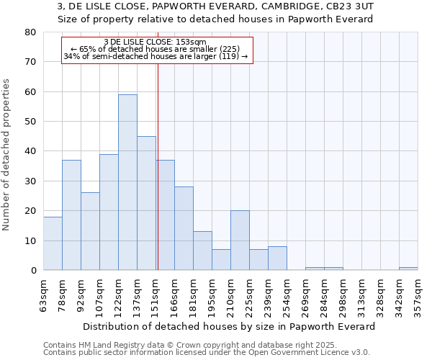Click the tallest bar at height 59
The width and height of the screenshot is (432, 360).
pyautogui.click(x=127, y=182)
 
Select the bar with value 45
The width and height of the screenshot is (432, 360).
pyautogui.click(x=146, y=203)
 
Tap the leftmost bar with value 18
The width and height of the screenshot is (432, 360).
pyautogui.click(x=53, y=243)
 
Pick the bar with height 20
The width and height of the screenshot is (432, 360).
pyautogui.click(x=240, y=240)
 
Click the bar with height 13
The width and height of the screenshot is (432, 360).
pyautogui.click(x=202, y=251)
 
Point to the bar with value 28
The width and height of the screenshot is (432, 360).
pyautogui.click(x=184, y=228)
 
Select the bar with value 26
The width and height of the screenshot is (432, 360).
pyautogui.click(x=90, y=231)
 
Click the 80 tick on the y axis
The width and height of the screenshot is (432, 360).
pyautogui.click(x=30, y=32)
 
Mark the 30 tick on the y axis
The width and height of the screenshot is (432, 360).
pyautogui.click(x=30, y=181)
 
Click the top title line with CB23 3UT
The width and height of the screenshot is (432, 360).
pyautogui.click(x=215, y=6)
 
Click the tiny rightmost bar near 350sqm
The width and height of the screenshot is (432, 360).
pyautogui.click(x=408, y=269)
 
